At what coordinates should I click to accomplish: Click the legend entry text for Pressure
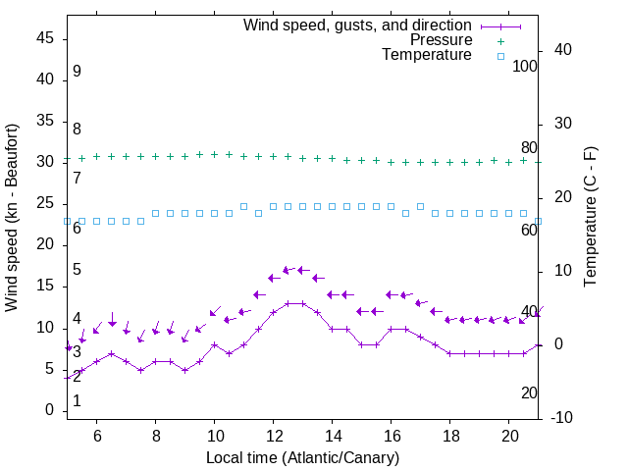[441, 40]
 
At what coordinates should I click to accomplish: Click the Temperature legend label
[426, 55]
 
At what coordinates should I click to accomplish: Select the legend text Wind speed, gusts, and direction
[357, 25]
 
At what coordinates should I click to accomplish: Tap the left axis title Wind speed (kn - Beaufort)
[12, 218]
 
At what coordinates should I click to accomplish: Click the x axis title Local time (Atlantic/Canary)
[302, 458]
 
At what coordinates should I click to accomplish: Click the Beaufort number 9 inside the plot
[77, 72]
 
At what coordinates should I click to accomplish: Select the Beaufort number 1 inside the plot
[77, 401]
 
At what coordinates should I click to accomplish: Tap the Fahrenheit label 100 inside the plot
[525, 66]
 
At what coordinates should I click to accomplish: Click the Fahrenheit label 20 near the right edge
[529, 392]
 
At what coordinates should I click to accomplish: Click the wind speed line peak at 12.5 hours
[288, 303]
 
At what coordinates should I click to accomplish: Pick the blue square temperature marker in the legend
[500, 56]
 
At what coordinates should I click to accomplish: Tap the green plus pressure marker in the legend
[500, 40]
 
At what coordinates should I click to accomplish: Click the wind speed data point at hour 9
[184, 370]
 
